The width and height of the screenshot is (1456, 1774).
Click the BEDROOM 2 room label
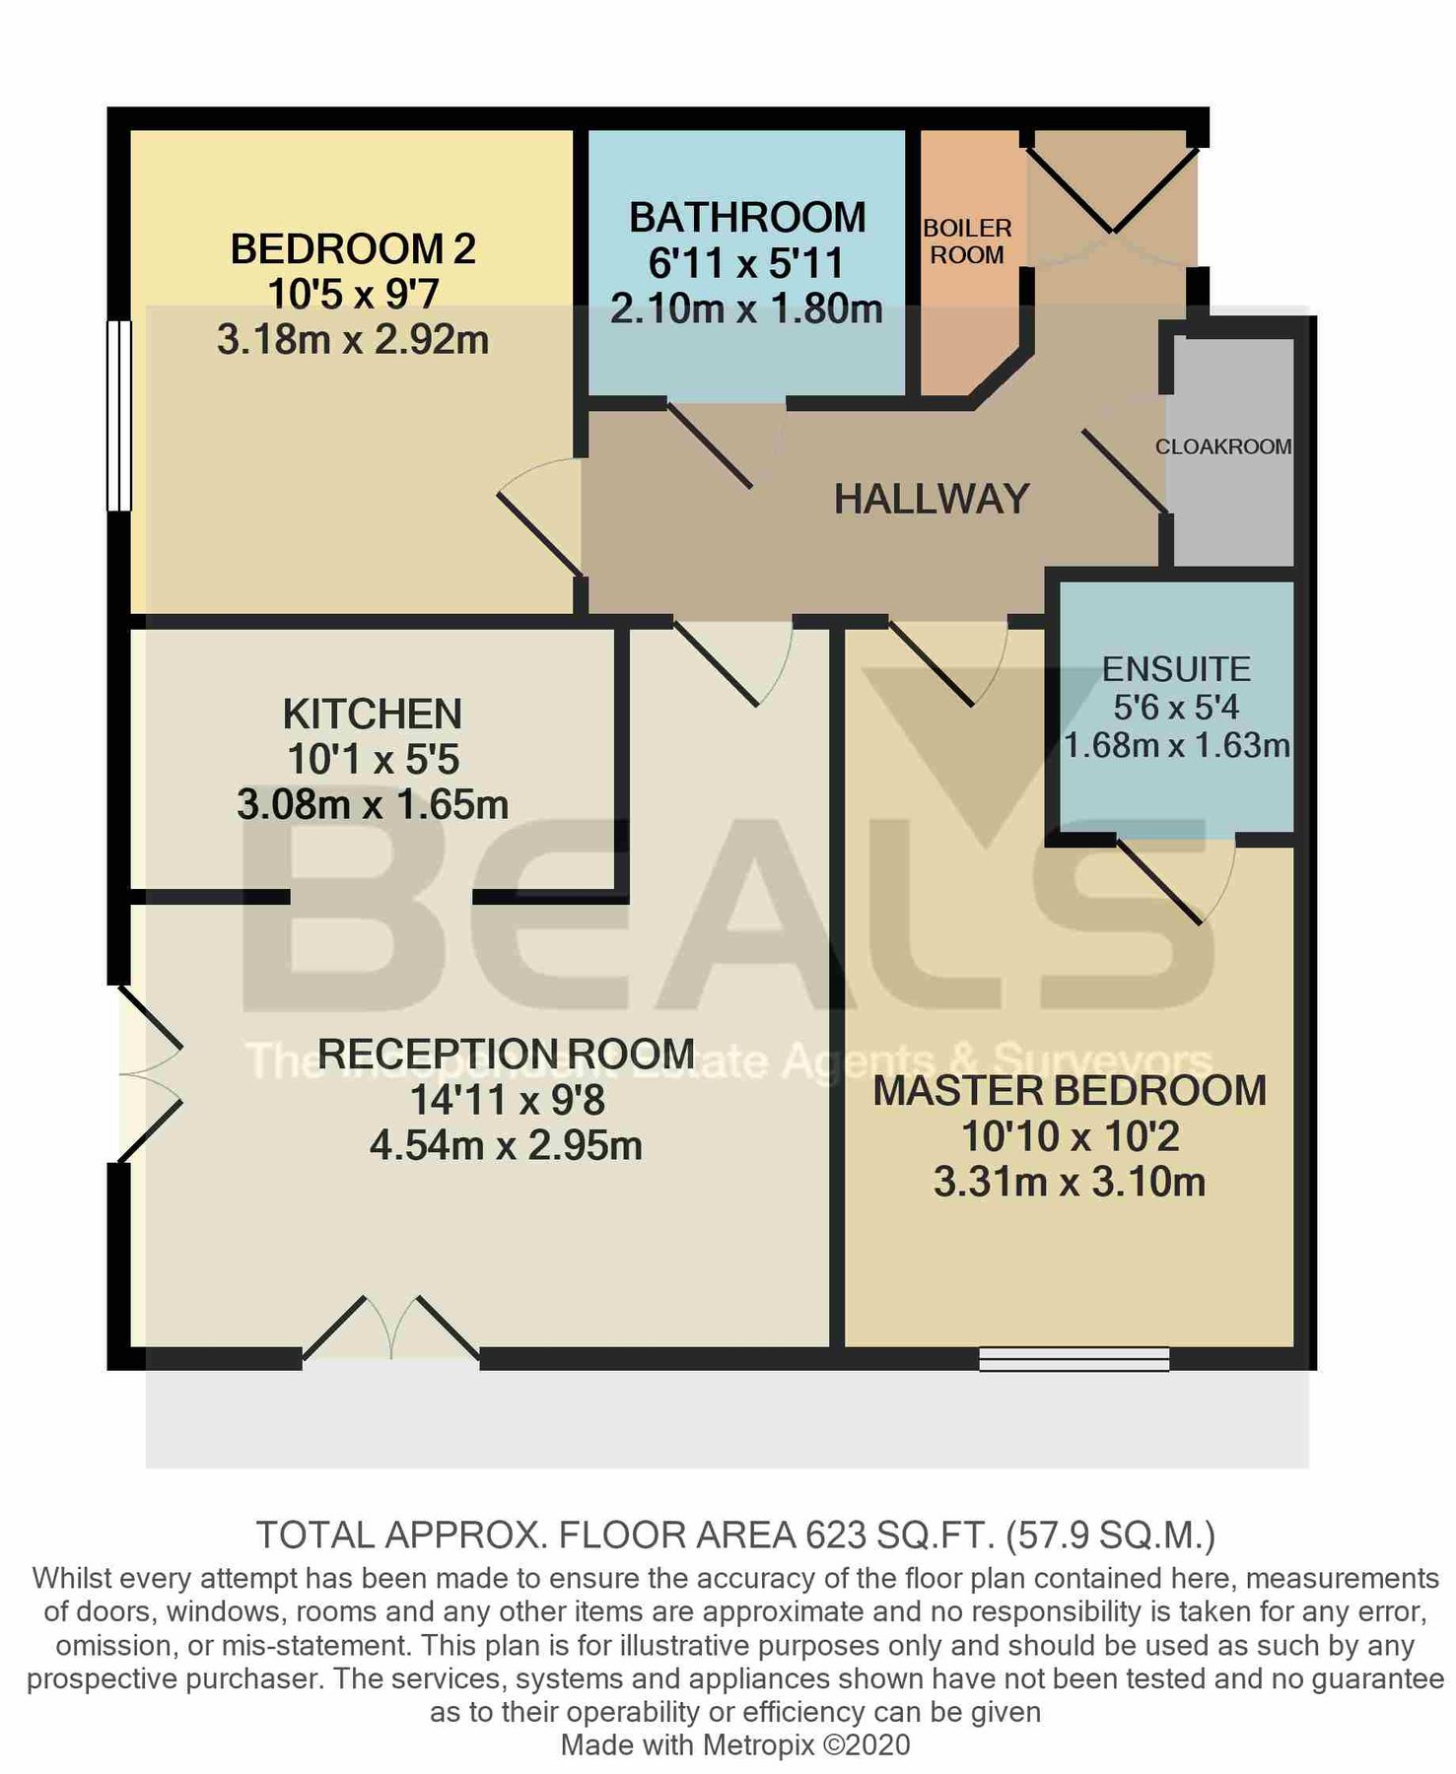[x=353, y=248]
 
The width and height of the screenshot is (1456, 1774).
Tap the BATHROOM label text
[x=747, y=217]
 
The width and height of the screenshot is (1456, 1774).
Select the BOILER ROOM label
[x=967, y=241]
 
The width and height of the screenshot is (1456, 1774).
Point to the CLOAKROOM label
[x=1223, y=446]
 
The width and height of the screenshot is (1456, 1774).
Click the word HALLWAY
[x=932, y=500]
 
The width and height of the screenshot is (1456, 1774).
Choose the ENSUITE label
[x=1176, y=669]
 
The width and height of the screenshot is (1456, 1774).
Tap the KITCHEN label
[x=373, y=714]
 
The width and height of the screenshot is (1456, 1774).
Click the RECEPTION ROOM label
[x=506, y=1054]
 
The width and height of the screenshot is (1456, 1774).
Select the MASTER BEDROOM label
[x=1070, y=1091]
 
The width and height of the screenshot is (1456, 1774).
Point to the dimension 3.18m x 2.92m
[x=353, y=340]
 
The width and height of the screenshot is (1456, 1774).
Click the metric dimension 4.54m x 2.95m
[x=506, y=1145]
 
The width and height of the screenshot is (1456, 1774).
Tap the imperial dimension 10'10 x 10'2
[x=1070, y=1136]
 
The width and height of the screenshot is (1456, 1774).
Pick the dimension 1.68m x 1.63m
[x=1176, y=745]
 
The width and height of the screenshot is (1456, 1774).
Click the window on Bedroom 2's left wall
[x=118, y=415]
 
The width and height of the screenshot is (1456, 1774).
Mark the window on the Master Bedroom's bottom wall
[x=1074, y=1359]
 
